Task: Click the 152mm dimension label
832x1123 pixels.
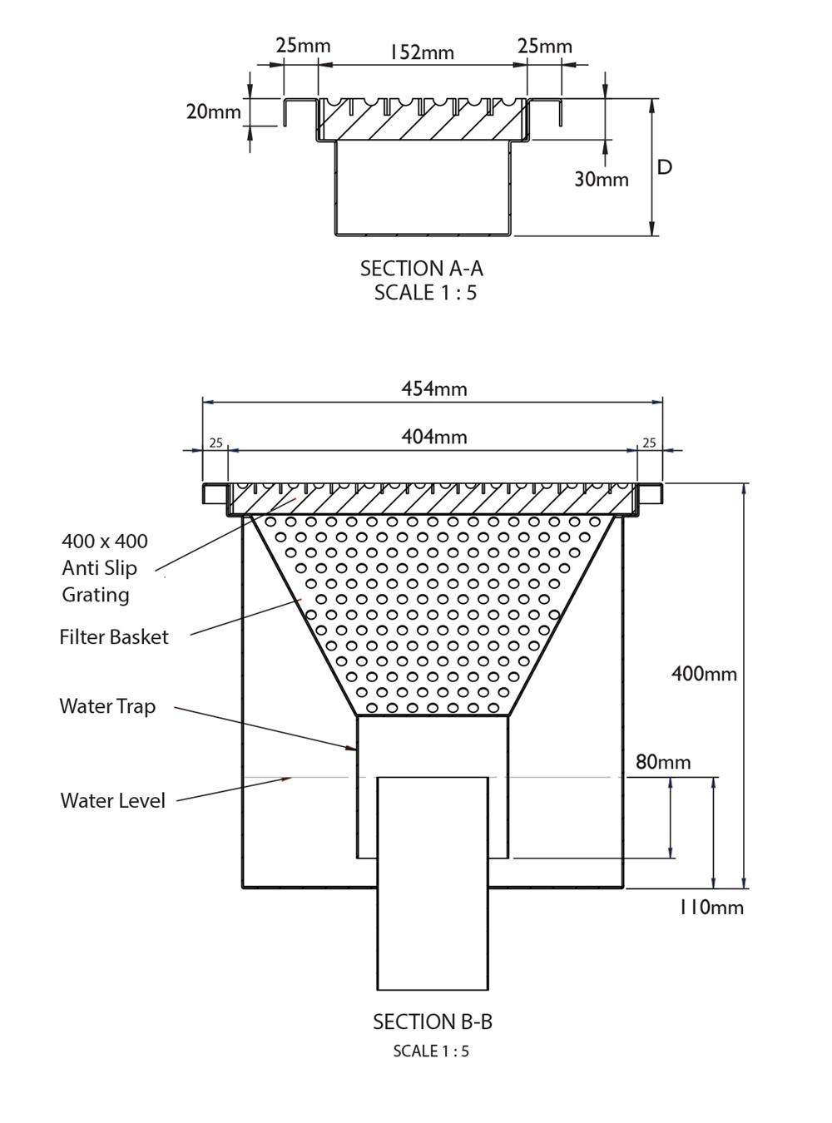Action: tap(422, 52)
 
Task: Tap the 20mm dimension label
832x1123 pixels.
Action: tap(213, 111)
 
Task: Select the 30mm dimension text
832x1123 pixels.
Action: tap(601, 179)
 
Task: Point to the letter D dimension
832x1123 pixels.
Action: tap(665, 167)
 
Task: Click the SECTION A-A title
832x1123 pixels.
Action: tap(421, 269)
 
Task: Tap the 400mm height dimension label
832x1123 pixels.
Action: tap(704, 674)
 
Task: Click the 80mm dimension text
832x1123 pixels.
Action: tap(663, 762)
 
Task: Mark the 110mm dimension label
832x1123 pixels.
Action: tap(711, 907)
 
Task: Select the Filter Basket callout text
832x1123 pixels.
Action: tap(114, 637)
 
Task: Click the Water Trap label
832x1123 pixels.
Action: tap(107, 706)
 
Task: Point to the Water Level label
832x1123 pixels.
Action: tap(113, 800)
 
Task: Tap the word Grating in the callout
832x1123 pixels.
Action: tap(96, 595)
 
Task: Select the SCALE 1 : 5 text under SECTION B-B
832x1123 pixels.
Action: tap(431, 1051)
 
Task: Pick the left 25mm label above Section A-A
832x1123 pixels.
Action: tap(303, 45)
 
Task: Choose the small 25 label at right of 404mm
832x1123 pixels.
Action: tap(649, 443)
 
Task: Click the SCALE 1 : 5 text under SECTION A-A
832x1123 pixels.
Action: tap(425, 293)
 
